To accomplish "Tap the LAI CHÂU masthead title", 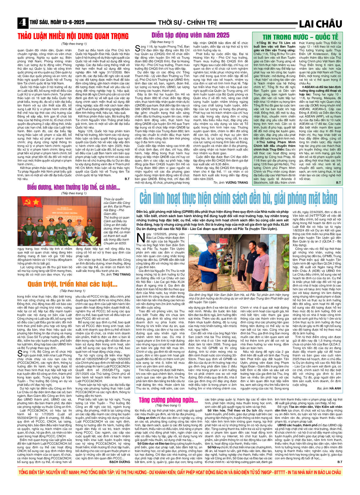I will [x=320, y=24].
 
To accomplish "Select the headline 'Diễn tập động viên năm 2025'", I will [x=190, y=35].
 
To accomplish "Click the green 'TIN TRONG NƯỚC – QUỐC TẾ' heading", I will [x=296, y=37].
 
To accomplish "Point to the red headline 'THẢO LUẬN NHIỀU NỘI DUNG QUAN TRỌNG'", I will [x=73, y=36].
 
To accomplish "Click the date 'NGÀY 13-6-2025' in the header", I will [x=67, y=22].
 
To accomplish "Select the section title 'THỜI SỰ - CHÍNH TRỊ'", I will [x=187, y=23].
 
